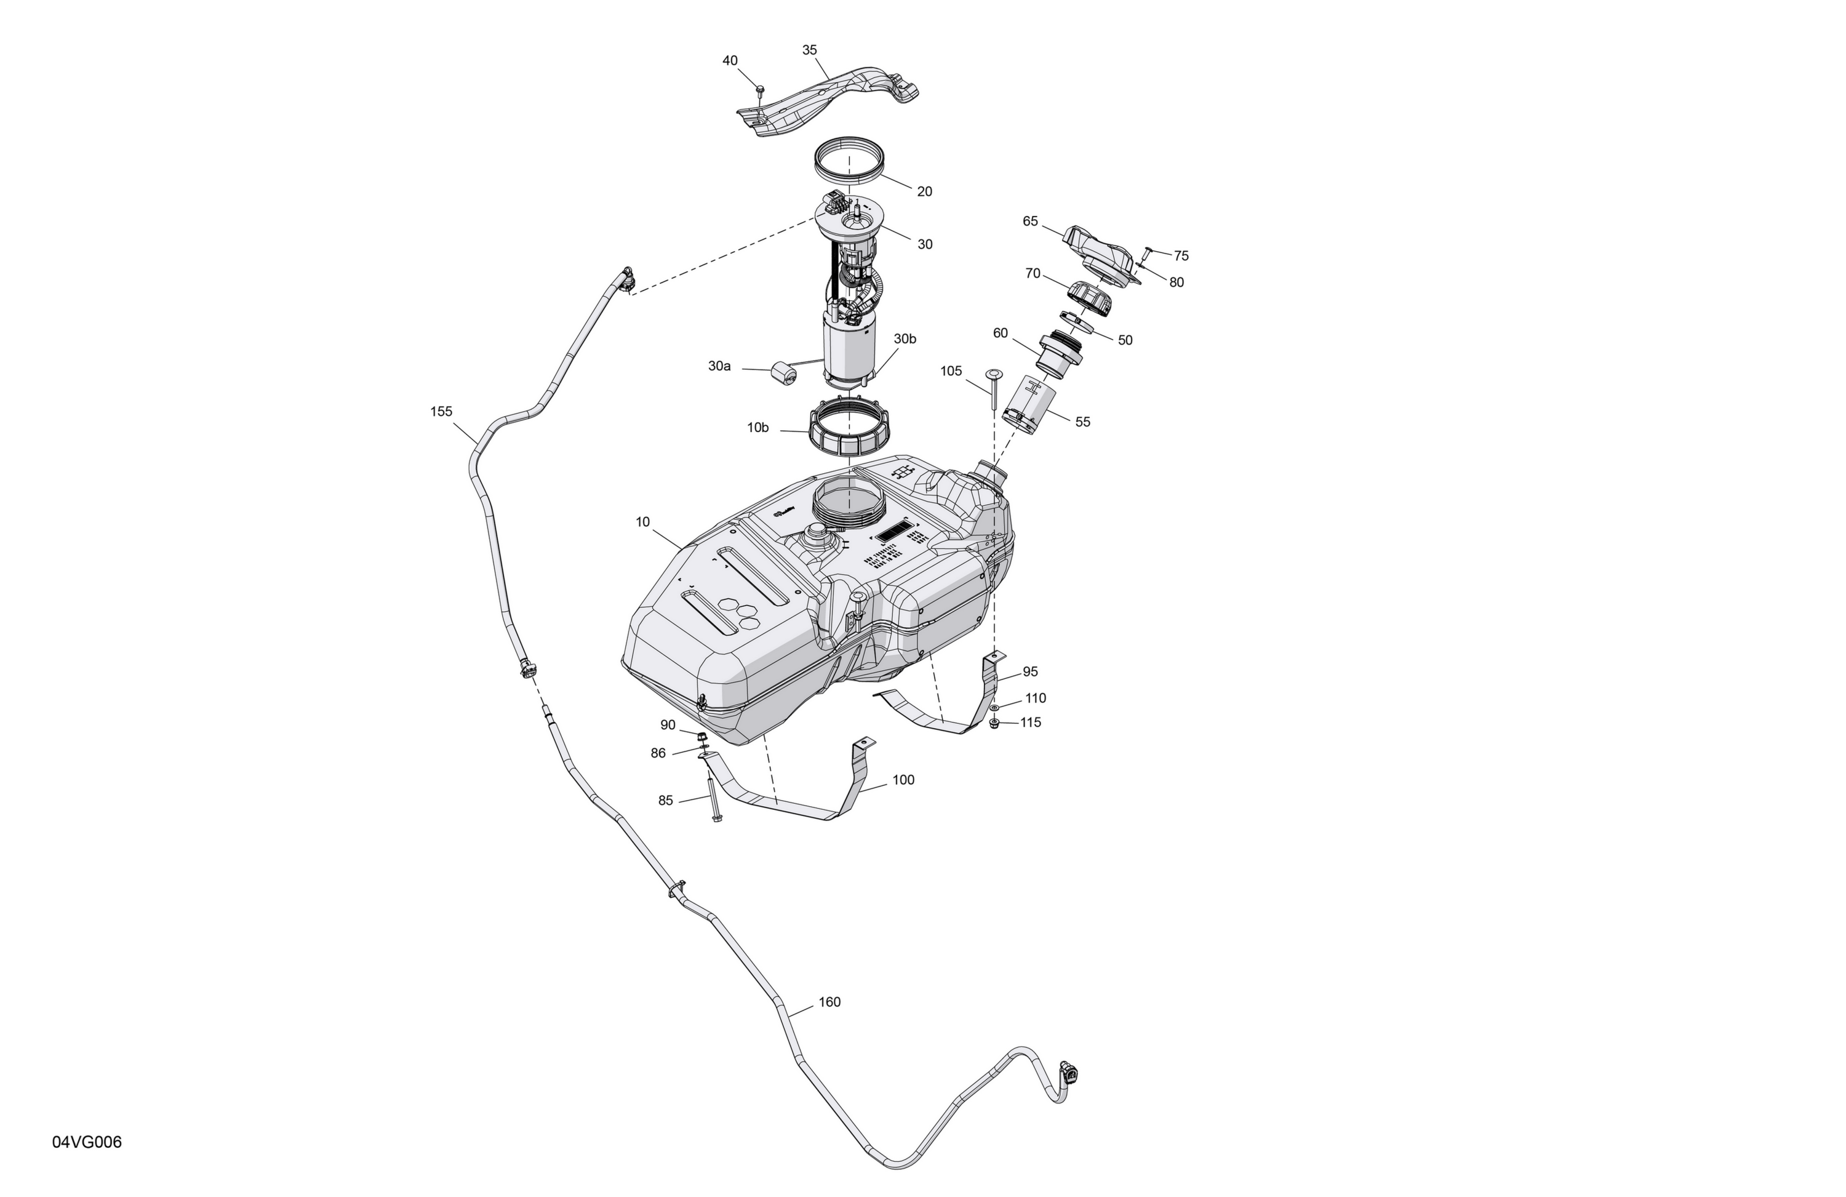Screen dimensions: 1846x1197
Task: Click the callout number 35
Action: point(809,50)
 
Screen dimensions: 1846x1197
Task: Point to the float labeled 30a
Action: point(241,372)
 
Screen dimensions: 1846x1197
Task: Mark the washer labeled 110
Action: point(995,708)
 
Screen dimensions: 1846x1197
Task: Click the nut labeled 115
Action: point(995,724)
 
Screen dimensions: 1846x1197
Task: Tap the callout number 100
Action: point(903,780)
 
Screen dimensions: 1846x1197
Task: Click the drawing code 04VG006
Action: point(87,1143)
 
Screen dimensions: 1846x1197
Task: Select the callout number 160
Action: point(829,1003)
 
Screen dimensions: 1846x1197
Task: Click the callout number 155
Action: point(441,412)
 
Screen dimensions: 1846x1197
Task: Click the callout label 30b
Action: point(905,339)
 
